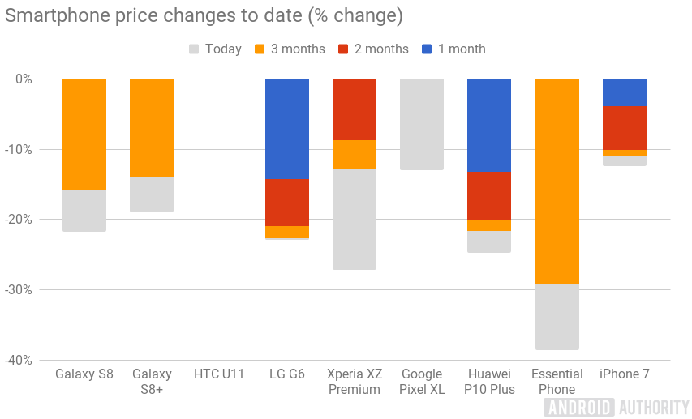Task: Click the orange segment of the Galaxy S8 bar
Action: (x=84, y=135)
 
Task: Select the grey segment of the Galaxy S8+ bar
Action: (x=152, y=195)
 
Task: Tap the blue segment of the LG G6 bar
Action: (x=287, y=129)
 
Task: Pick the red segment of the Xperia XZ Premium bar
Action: (x=355, y=109)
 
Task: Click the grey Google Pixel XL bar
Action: (x=422, y=124)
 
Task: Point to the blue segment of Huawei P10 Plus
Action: (x=489, y=125)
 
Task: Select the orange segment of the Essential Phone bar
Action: (x=557, y=182)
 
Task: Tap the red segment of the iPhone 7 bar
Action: (x=624, y=128)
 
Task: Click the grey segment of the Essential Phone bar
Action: (x=557, y=317)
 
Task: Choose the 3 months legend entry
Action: (x=289, y=49)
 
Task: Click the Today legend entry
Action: (x=214, y=49)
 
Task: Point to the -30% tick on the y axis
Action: (x=17, y=289)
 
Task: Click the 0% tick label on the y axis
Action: (x=23, y=79)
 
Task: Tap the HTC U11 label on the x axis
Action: (x=219, y=374)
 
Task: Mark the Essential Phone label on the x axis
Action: (x=557, y=382)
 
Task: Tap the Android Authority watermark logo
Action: (x=617, y=406)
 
